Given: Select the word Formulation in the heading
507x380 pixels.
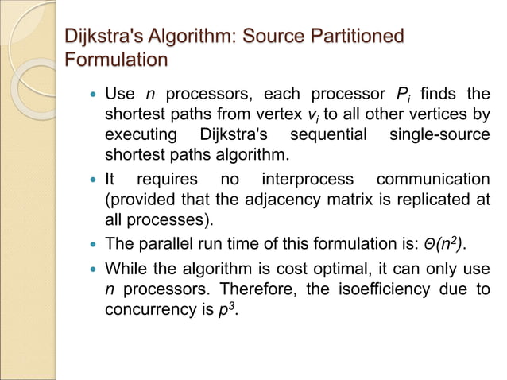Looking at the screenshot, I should click(x=116, y=60).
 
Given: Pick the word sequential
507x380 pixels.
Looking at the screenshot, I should click(x=328, y=134).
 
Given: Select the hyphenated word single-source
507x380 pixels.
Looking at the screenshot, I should click(x=439, y=134).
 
